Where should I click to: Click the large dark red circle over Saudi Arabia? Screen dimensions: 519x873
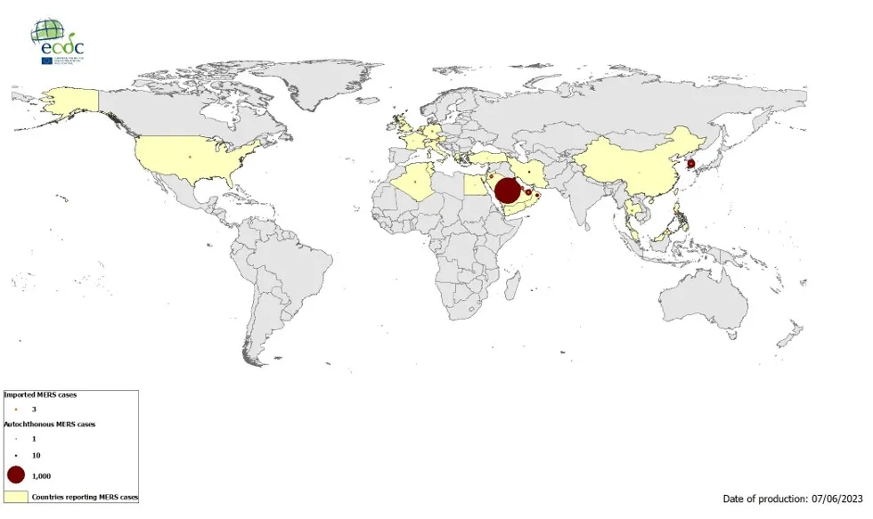pos(506,191)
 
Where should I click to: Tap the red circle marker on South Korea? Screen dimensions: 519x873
pos(691,164)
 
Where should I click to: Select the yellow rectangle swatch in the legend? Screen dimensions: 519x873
pos(16,497)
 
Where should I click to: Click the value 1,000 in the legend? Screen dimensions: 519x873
pos(42,476)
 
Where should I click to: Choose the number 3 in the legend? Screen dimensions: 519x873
pos(34,408)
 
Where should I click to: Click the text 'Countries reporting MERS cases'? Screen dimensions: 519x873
pos(85,497)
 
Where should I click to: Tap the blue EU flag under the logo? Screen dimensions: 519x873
pos(46,61)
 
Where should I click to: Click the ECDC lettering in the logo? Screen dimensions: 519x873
pos(59,46)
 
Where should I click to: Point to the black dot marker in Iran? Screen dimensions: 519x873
pos(533,172)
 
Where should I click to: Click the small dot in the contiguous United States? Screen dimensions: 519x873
pos(190,157)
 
